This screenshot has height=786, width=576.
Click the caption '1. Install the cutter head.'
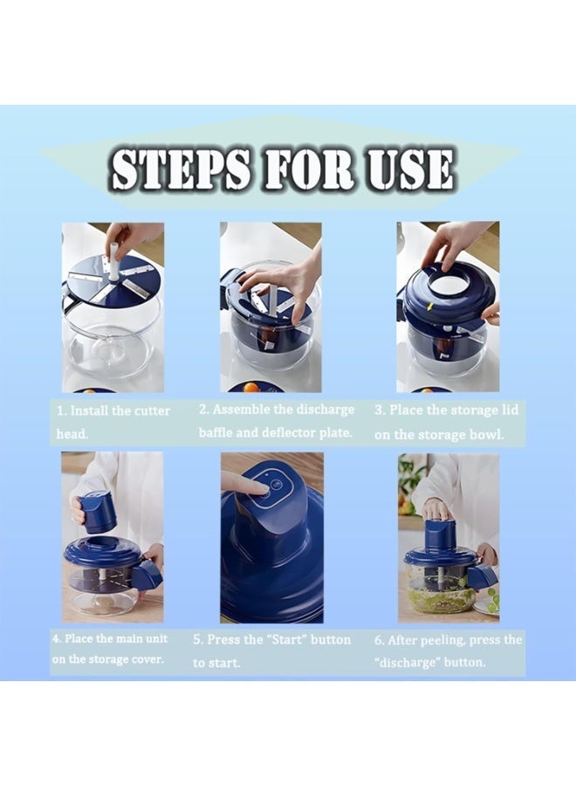[113, 422]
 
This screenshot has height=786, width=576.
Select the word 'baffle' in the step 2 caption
[215, 432]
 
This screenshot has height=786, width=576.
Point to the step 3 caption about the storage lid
[446, 422]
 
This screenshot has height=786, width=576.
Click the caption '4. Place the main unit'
[110, 638]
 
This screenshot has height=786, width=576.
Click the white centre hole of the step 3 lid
[449, 286]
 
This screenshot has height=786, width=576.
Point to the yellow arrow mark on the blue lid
[429, 306]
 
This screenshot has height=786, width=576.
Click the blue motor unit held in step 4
[98, 513]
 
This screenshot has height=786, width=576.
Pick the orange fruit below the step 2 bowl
[250, 388]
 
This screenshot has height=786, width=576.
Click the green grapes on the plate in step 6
[492, 600]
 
